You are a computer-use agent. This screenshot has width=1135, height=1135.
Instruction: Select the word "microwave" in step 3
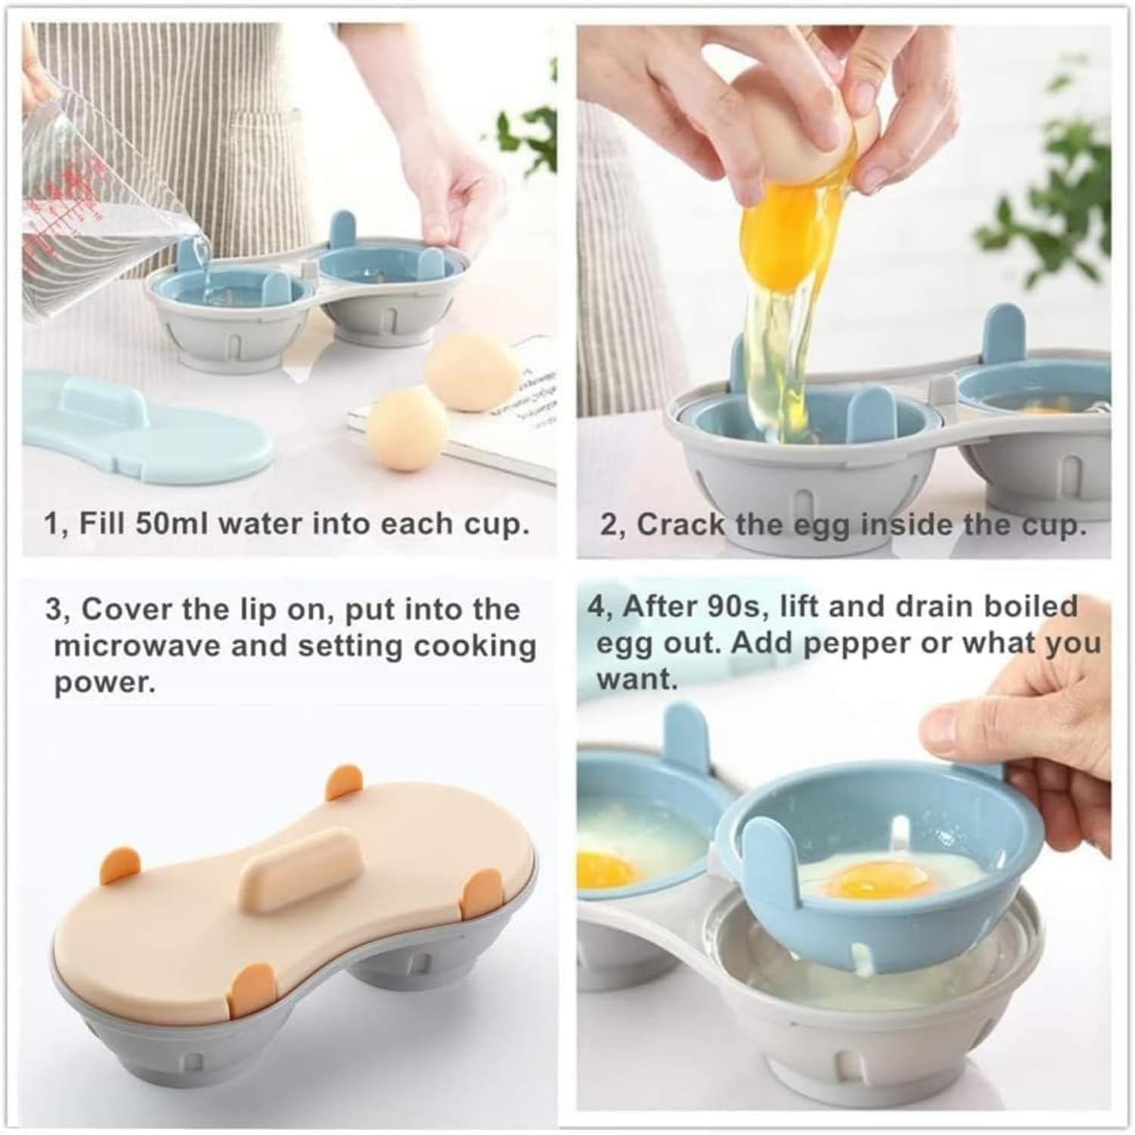[136, 646]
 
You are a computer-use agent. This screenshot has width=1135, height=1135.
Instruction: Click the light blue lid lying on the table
[144, 432]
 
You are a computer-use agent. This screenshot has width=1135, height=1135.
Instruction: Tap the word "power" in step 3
[104, 684]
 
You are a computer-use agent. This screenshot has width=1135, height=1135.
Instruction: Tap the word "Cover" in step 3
[127, 610]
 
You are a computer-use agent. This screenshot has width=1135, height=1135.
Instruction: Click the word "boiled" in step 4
[1036, 606]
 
